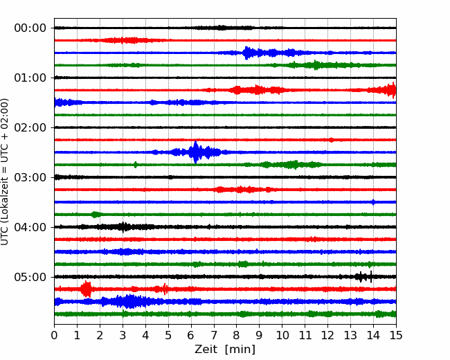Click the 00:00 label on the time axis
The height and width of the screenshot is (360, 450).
coord(30,28)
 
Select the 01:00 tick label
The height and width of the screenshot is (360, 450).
coord(30,78)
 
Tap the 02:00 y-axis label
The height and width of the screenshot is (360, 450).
coord(30,127)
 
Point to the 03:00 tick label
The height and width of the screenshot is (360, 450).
coord(30,177)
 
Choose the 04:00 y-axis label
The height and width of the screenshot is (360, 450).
coord(30,227)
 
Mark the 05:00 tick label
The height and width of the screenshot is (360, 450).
coord(30,277)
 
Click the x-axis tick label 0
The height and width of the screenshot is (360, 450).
coord(54,335)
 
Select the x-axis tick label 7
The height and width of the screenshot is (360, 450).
coord(214,335)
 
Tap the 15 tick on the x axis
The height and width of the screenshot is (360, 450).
coord(396,335)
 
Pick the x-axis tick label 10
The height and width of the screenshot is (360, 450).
coord(282,335)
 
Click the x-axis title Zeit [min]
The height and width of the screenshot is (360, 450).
coord(225,350)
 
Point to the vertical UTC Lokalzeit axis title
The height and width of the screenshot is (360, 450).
coord(4,172)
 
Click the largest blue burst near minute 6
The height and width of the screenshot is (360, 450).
coord(195,152)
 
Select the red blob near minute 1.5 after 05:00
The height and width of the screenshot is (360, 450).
coord(86,289)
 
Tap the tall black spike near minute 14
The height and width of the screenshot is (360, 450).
coord(371,277)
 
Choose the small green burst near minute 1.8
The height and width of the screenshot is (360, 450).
coord(96,215)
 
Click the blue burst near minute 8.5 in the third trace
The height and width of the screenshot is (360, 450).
coord(247,53)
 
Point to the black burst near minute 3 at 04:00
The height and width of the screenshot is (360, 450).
coord(123,227)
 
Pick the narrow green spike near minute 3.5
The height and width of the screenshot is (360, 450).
coord(136,165)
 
